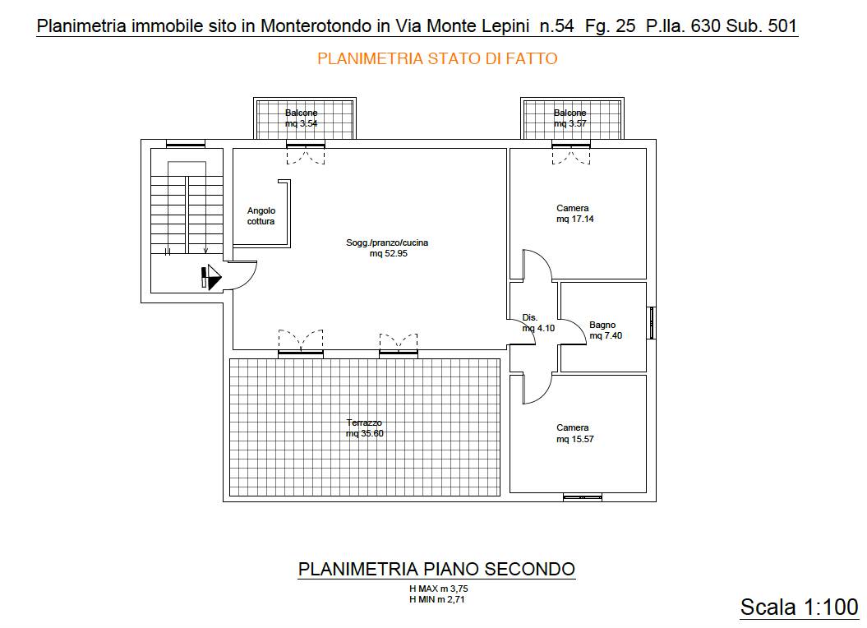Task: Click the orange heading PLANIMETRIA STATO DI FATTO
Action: (x=437, y=58)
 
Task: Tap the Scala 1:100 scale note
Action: (x=799, y=607)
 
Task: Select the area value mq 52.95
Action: (x=389, y=253)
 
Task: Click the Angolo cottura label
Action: (x=261, y=216)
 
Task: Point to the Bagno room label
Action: (x=602, y=325)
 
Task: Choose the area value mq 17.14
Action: (x=575, y=219)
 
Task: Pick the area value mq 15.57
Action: (x=575, y=439)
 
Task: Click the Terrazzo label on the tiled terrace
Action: (x=364, y=423)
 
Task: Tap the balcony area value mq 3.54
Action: (x=302, y=123)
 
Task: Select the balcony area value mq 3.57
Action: (x=570, y=123)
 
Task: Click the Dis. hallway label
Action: (x=530, y=317)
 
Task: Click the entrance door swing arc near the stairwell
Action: (x=250, y=280)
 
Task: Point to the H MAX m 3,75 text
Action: (x=439, y=589)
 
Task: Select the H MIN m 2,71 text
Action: (x=437, y=598)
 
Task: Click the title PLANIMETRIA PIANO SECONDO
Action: (x=437, y=569)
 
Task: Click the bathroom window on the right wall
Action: (x=652, y=322)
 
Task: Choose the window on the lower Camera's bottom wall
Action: (x=582, y=497)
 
